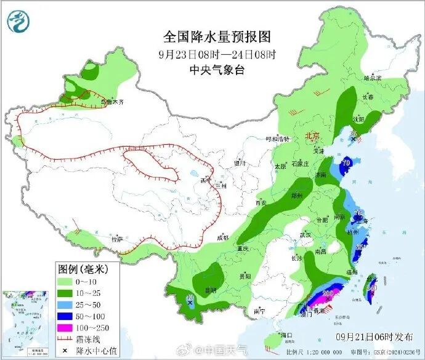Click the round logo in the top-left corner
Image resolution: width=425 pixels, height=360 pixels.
pos(18,21)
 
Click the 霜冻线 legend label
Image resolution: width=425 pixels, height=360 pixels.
pos(86,338)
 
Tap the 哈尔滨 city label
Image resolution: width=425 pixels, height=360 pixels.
pos(373,78)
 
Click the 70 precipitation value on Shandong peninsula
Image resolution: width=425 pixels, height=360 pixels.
pos(346,163)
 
